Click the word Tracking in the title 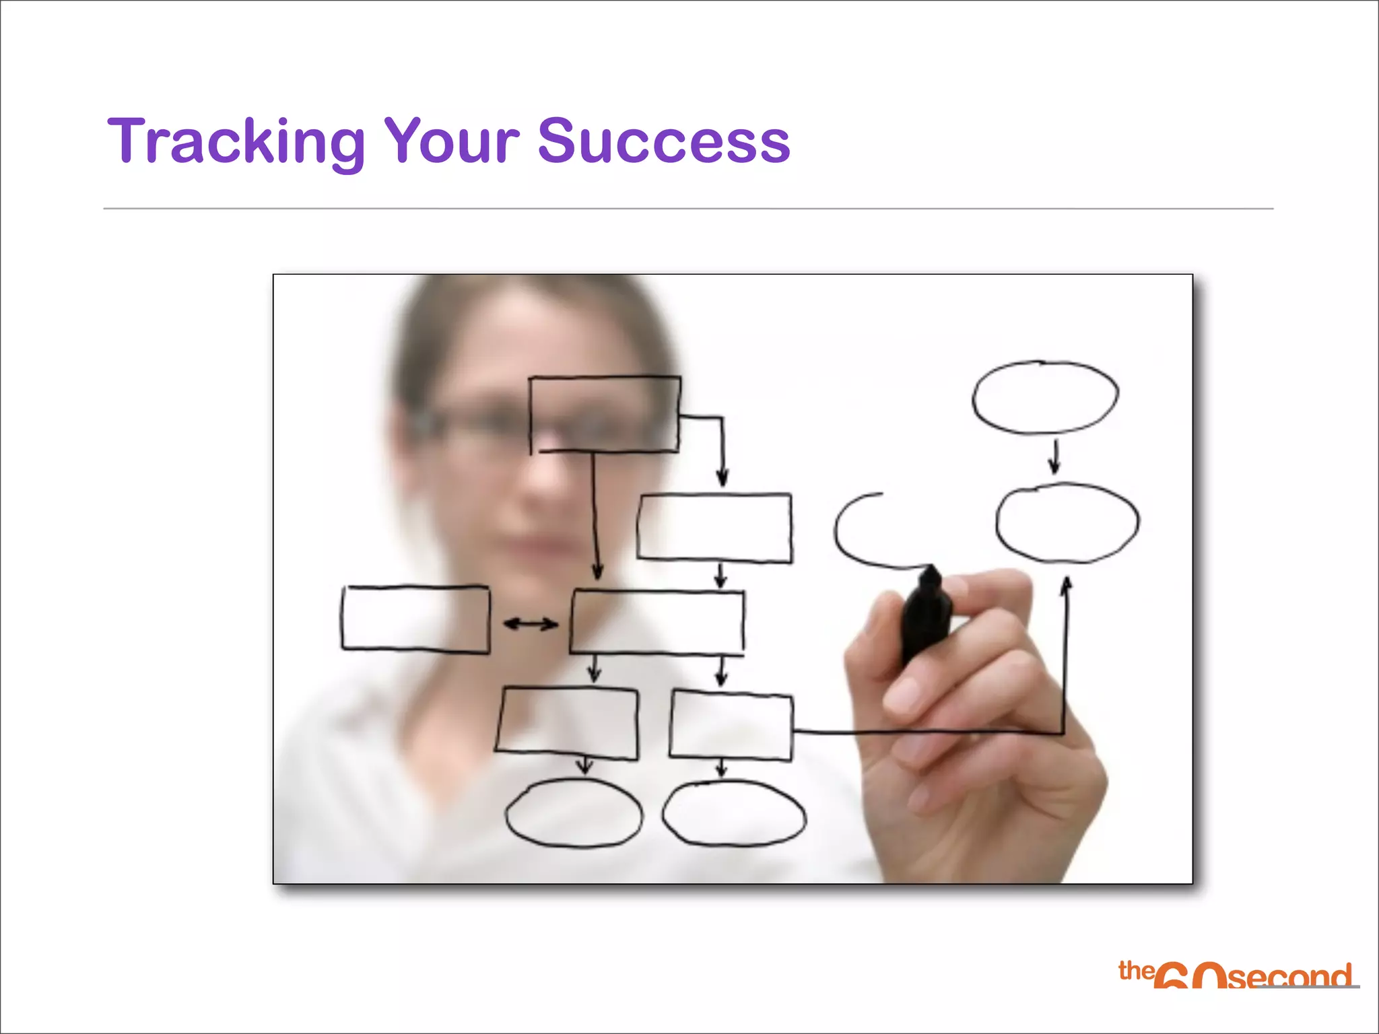(236, 141)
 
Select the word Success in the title (663, 141)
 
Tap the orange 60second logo (1238, 975)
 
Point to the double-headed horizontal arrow (531, 625)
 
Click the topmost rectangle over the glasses (604, 414)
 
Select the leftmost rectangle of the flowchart (415, 618)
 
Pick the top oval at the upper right (1044, 397)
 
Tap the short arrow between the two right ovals (1054, 457)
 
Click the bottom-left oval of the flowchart (573, 813)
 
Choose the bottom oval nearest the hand (734, 813)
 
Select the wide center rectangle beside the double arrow (657, 622)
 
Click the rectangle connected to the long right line (731, 726)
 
